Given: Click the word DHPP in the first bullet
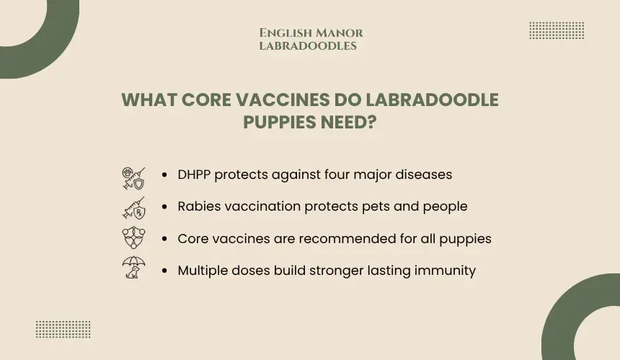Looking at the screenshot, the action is click(194, 175).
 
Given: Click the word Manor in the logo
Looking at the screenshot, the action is click(340, 33).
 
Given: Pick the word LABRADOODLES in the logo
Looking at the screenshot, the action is click(308, 46).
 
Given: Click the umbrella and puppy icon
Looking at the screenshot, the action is click(133, 267).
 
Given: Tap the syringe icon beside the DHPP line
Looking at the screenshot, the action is click(133, 178).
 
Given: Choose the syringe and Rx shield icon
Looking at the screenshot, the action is click(133, 208).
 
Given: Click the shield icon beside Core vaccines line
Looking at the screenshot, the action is click(133, 237).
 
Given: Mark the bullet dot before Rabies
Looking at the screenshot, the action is click(164, 206).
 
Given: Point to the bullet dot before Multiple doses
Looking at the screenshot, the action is click(164, 271).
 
